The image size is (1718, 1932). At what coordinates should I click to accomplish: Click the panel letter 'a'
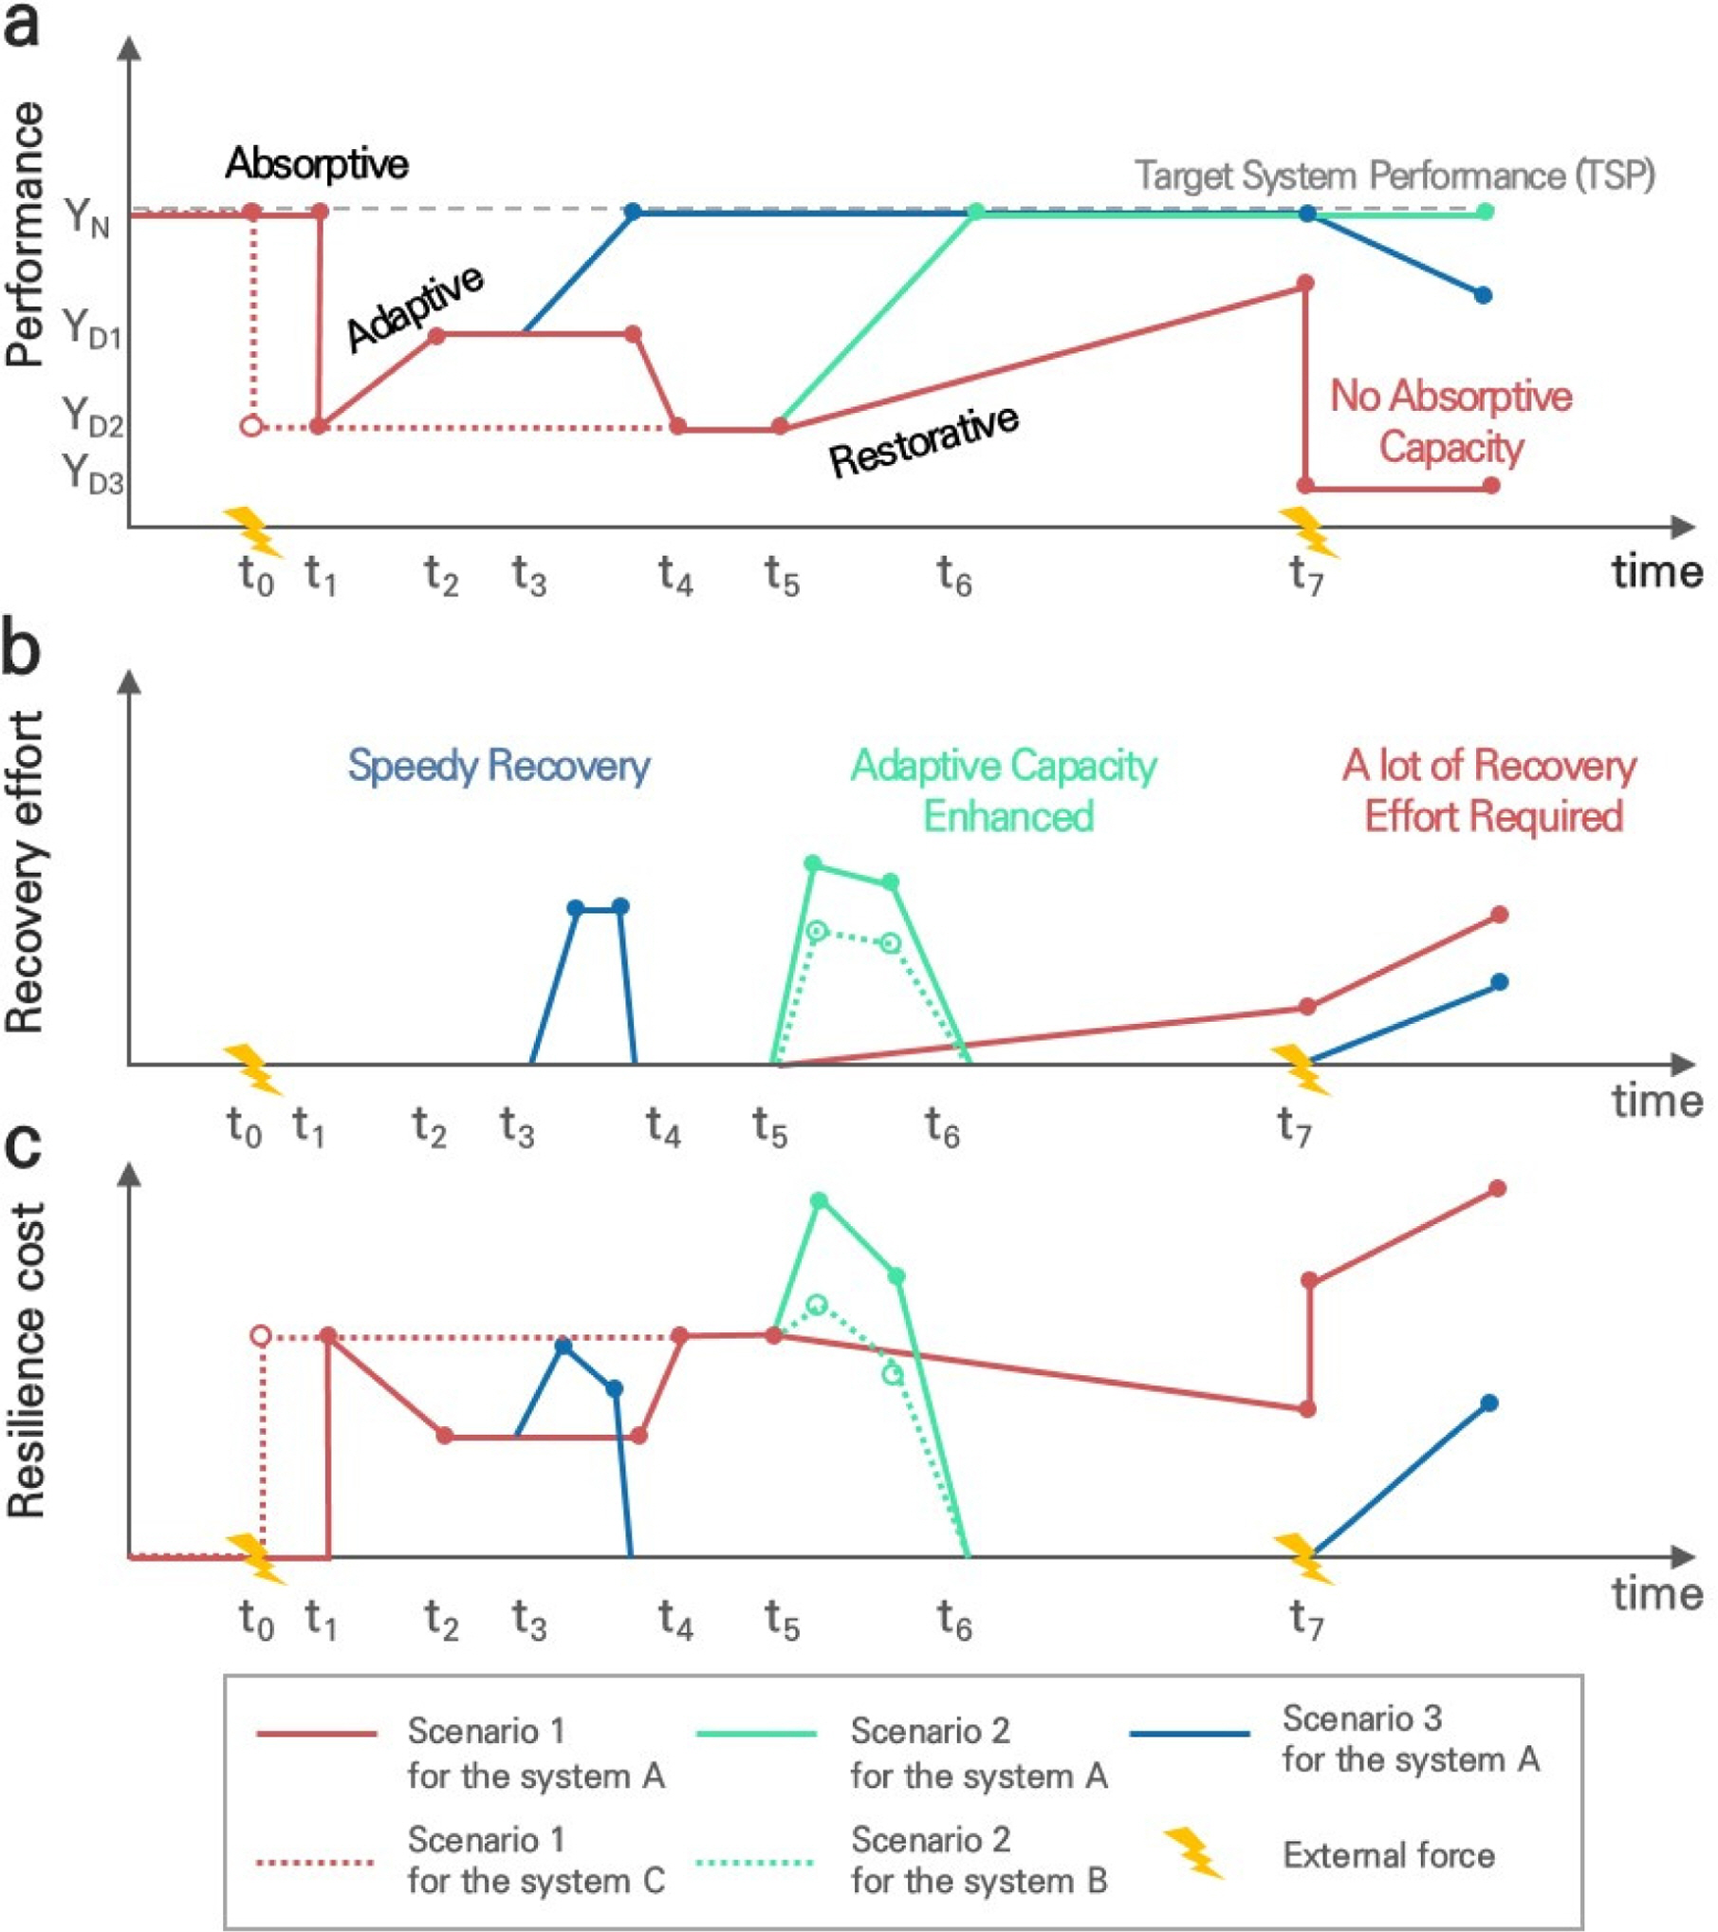[x=23, y=26]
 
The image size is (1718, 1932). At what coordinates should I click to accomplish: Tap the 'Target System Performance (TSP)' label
[x=1394, y=176]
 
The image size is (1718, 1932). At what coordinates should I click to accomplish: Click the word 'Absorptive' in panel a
[x=317, y=164]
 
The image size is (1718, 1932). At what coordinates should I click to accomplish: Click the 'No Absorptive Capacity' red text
[x=1450, y=421]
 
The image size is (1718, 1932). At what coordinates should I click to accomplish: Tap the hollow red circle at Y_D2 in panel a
[x=251, y=426]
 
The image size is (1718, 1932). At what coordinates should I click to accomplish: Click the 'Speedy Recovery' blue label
[x=499, y=765]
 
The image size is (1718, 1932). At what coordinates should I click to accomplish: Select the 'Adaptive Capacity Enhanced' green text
[x=1004, y=790]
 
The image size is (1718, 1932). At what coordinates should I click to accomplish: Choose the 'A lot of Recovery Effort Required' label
[x=1490, y=790]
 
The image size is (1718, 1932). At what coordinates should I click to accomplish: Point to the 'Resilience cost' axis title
[x=26, y=1361]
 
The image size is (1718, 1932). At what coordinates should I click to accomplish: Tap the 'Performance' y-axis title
[x=26, y=234]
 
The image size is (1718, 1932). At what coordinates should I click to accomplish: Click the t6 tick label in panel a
[x=954, y=575]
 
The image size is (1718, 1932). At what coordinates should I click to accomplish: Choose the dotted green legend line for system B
[x=754, y=1862]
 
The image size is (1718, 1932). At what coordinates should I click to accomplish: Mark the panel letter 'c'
[x=23, y=1146]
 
